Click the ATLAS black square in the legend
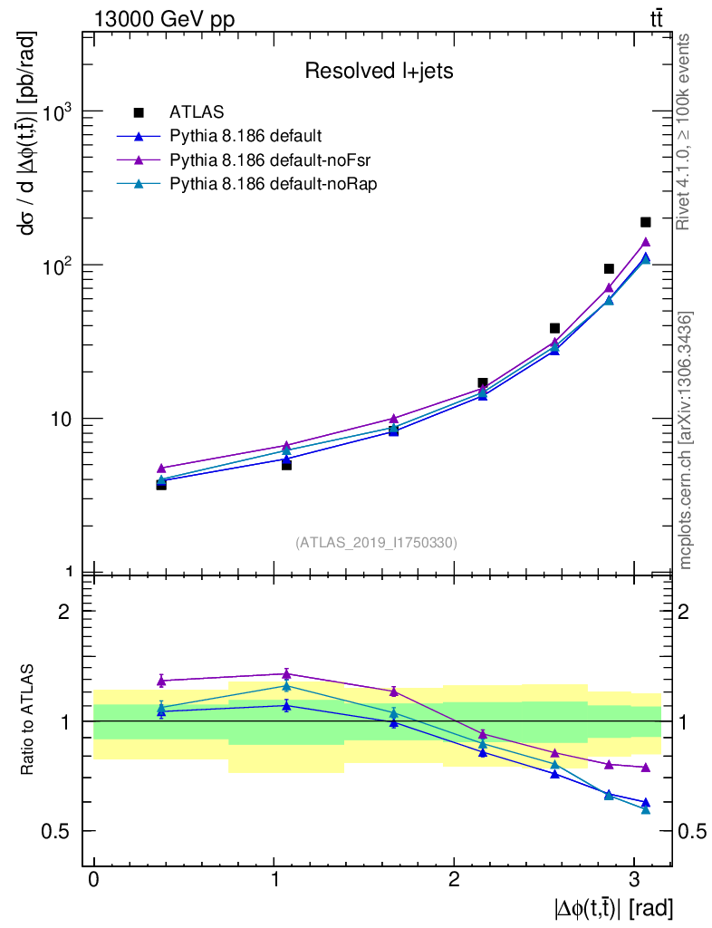(139, 112)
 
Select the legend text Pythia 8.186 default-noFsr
(259, 159)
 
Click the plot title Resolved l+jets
(379, 71)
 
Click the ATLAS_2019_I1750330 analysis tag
(376, 543)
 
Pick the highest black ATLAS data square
(646, 222)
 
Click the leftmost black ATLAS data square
(161, 485)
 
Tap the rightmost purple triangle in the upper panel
(646, 242)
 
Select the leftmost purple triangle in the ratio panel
(161, 681)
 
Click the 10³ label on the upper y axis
(55, 112)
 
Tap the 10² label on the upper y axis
(55, 266)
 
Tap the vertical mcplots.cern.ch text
(687, 440)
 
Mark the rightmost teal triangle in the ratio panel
(646, 809)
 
